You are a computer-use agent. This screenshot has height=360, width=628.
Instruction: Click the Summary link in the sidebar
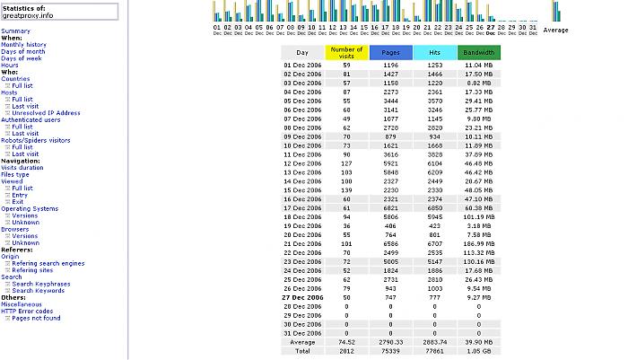15,31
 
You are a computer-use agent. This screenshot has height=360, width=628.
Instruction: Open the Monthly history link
23,44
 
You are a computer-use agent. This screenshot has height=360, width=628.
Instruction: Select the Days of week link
22,58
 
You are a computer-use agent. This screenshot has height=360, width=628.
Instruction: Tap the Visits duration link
22,167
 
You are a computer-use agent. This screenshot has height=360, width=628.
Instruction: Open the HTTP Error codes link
27,311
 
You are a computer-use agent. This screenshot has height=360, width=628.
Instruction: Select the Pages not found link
36,318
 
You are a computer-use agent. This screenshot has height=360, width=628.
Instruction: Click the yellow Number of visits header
346,53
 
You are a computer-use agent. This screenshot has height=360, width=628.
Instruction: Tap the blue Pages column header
390,53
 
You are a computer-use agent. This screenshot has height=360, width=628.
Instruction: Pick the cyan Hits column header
434,53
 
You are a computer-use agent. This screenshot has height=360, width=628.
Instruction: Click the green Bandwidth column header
479,53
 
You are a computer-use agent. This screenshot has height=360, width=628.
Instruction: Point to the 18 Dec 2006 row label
302,216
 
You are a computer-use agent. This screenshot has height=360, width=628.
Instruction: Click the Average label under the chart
555,30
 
